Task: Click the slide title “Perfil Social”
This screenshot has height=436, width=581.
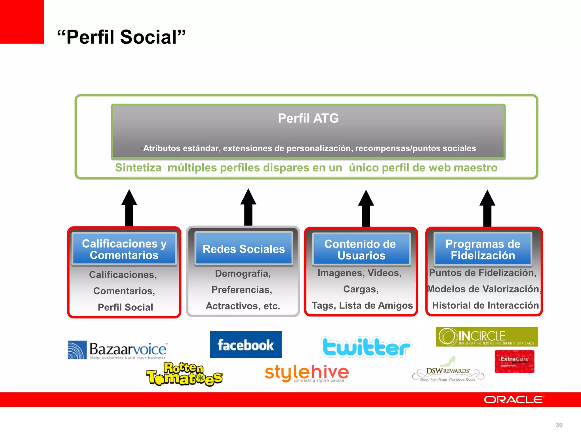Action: (121, 37)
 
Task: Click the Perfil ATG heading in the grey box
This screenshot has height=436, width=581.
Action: (308, 118)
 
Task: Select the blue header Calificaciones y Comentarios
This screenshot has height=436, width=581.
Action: (124, 249)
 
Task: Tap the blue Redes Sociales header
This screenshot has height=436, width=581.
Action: (244, 249)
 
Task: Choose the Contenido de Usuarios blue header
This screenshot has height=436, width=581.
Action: (361, 250)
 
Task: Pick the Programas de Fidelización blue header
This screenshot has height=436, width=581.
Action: (483, 250)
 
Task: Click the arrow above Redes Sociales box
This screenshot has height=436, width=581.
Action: (248, 207)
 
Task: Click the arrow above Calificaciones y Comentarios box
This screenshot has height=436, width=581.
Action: (129, 208)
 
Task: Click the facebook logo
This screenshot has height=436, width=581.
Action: (246, 345)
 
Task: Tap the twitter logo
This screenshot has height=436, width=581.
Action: (366, 347)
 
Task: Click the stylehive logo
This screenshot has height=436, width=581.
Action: (306, 373)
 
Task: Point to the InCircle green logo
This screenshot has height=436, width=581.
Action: (487, 337)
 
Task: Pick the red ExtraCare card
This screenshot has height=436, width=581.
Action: (514, 361)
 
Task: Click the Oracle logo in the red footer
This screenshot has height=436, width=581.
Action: (514, 400)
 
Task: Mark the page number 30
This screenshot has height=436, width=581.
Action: (559, 425)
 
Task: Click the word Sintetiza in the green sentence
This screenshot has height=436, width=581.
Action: (138, 168)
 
